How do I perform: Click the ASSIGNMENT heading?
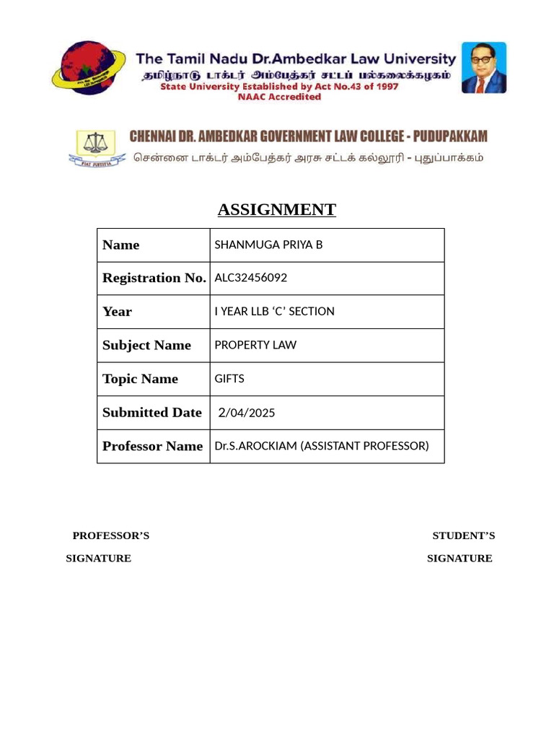(x=276, y=210)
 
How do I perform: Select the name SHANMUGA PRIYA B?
(x=268, y=245)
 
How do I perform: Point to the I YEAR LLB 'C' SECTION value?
(x=274, y=311)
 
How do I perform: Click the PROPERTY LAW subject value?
(x=255, y=345)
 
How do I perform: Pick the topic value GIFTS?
(x=229, y=378)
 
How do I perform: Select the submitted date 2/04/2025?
(x=247, y=413)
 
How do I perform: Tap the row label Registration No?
(x=154, y=278)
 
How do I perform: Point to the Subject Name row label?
(x=146, y=345)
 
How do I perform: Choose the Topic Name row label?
(x=140, y=379)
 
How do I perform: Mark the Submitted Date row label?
(x=151, y=412)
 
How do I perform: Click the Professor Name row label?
(x=152, y=446)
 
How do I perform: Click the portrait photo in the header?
(x=484, y=68)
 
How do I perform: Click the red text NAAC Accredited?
(x=279, y=97)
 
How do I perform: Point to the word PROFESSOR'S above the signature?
(x=110, y=535)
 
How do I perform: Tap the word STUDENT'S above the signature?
(x=463, y=535)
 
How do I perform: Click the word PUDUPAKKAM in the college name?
(x=450, y=136)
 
